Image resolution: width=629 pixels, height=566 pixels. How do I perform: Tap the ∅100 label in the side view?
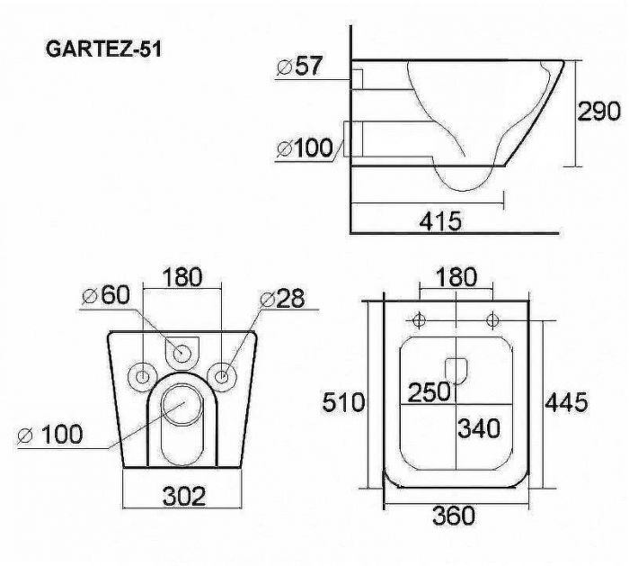click(305, 147)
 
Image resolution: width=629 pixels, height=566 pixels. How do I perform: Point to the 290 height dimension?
click(598, 111)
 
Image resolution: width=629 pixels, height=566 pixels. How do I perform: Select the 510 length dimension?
click(344, 402)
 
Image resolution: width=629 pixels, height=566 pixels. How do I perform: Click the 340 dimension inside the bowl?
click(480, 428)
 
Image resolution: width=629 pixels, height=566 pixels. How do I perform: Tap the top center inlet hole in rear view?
click(183, 350)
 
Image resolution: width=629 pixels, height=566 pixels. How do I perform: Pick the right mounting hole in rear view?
click(221, 374)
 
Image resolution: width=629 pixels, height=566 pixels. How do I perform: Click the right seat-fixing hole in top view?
click(492, 319)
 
